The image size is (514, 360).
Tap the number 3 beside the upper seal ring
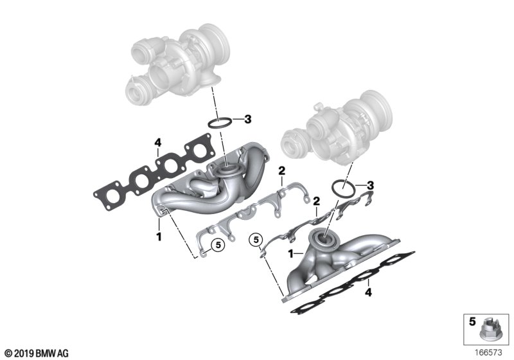pyautogui.click(x=248, y=119)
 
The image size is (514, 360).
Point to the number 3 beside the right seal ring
pyautogui.click(x=370, y=186)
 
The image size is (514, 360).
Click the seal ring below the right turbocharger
pyautogui.click(x=343, y=188)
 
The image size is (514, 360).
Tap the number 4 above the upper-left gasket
pyautogui.click(x=157, y=143)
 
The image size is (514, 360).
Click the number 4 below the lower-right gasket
pyautogui.click(x=368, y=292)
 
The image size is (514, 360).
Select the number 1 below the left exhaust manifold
pyautogui.click(x=159, y=236)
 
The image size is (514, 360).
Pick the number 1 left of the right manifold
pyautogui.click(x=290, y=253)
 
